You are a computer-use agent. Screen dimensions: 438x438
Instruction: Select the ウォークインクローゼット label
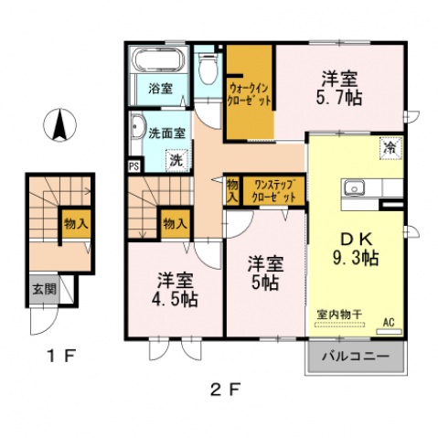[249, 94]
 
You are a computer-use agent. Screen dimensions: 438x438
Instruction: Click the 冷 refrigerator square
[390, 146]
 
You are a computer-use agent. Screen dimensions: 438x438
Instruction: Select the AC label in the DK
[388, 321]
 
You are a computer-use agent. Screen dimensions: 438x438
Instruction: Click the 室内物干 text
[339, 315]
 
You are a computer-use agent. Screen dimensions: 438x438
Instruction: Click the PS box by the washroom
[134, 166]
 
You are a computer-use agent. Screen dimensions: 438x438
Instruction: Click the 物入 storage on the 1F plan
[75, 222]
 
